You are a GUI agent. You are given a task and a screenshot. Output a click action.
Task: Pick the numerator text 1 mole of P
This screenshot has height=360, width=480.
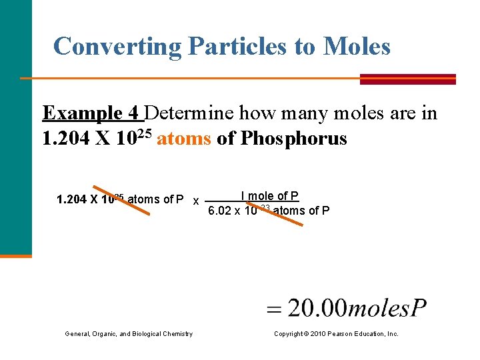(x=269, y=195)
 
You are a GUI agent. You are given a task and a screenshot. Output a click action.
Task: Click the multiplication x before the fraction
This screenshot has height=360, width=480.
(x=195, y=201)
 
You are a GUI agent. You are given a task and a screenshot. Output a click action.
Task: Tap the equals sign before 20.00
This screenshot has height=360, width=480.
(x=275, y=310)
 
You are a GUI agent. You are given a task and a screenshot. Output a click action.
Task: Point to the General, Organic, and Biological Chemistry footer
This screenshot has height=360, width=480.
(x=129, y=333)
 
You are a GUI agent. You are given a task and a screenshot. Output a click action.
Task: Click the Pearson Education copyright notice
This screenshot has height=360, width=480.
(x=336, y=333)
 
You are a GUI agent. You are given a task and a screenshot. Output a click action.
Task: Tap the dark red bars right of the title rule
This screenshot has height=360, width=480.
(x=407, y=79)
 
